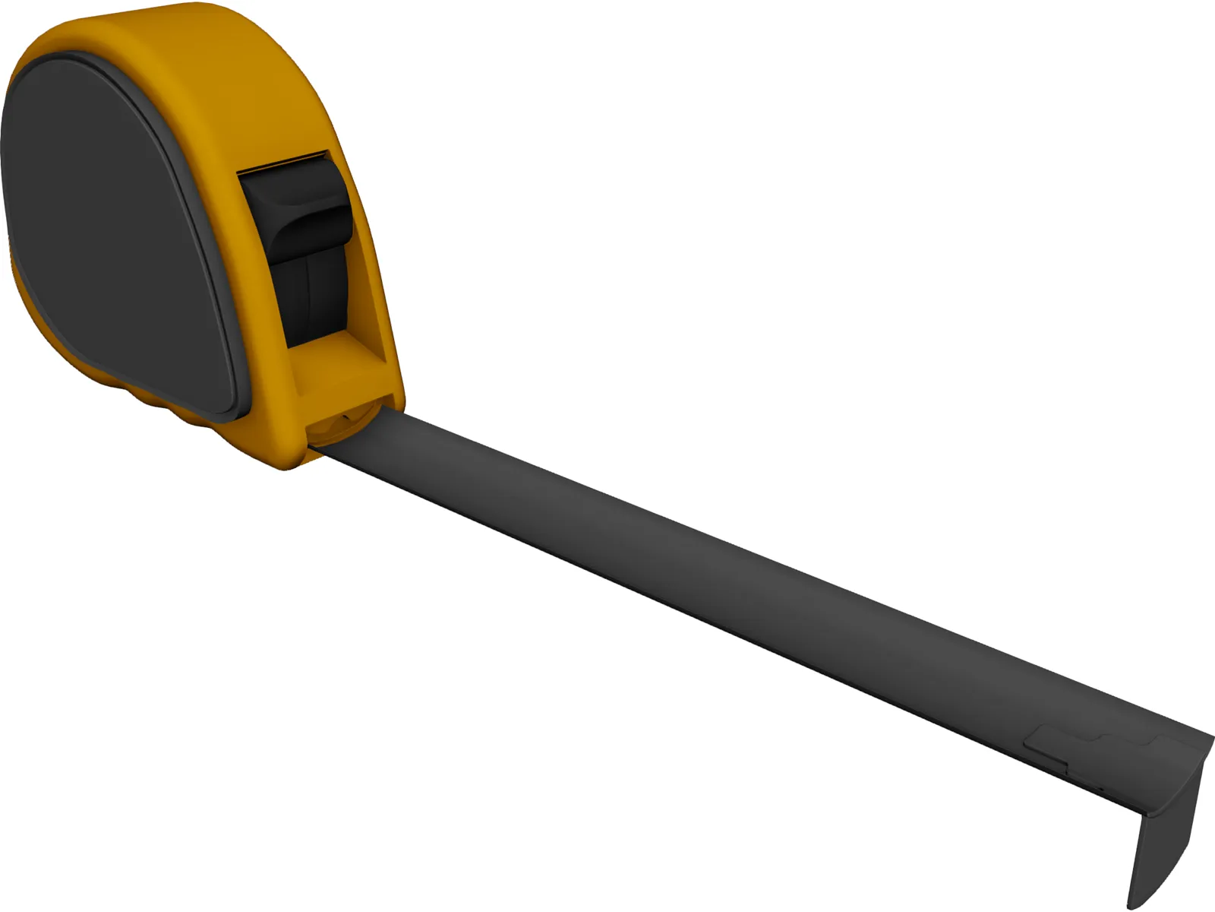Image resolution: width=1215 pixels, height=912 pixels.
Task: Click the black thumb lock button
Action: pyautogui.click(x=300, y=209)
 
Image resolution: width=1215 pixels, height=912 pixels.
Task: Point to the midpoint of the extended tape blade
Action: pyautogui.click(x=759, y=600)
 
